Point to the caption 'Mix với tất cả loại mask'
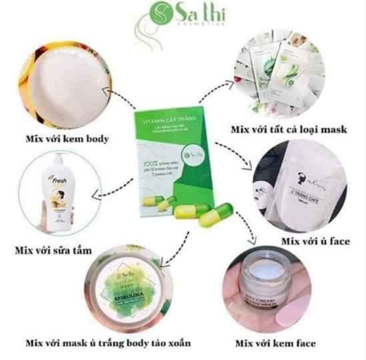pos(288,130)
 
